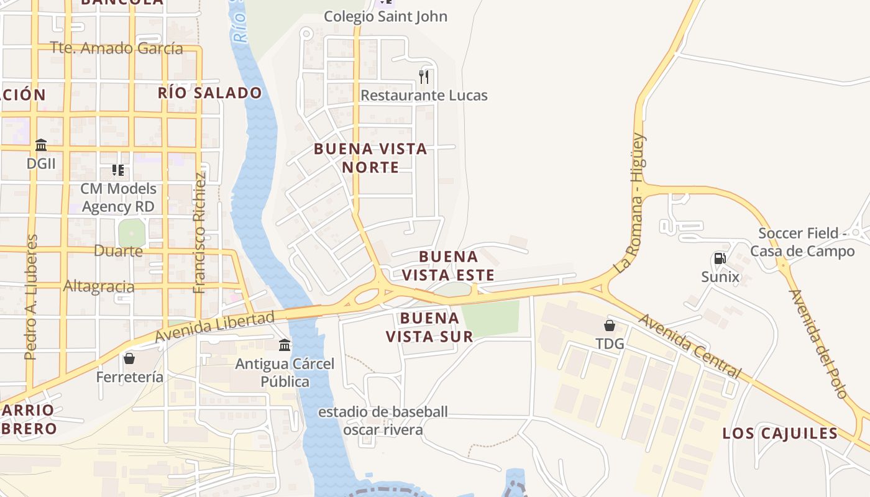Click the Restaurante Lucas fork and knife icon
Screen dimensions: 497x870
coord(424,77)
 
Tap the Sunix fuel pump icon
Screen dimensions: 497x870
coord(720,258)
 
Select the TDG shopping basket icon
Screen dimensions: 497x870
coord(610,326)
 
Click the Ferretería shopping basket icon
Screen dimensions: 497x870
coord(129,358)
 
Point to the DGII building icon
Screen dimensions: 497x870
coord(41,145)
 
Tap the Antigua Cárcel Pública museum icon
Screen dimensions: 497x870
coord(285,345)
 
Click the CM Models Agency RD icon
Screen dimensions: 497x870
coord(118,170)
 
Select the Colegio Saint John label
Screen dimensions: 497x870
coord(385,16)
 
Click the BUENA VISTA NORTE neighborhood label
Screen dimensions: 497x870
coord(370,158)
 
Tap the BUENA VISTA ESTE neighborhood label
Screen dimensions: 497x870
coord(448,266)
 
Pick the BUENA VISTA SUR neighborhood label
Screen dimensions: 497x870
coord(429,327)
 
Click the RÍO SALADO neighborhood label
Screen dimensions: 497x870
coord(209,93)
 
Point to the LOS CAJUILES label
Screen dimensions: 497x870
coord(780,434)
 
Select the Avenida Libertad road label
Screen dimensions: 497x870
coord(214,327)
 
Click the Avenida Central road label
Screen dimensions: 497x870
coord(690,346)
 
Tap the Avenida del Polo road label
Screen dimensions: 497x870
coord(818,344)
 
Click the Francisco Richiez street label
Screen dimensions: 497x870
coord(199,232)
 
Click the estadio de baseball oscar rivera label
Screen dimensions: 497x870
coord(383,421)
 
